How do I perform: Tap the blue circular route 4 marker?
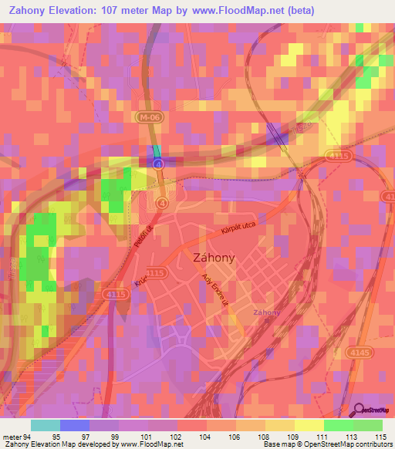[x=159, y=164]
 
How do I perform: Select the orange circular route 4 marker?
[x=161, y=203]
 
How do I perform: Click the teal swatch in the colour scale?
[x=46, y=425]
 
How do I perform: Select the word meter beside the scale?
[x=11, y=436]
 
